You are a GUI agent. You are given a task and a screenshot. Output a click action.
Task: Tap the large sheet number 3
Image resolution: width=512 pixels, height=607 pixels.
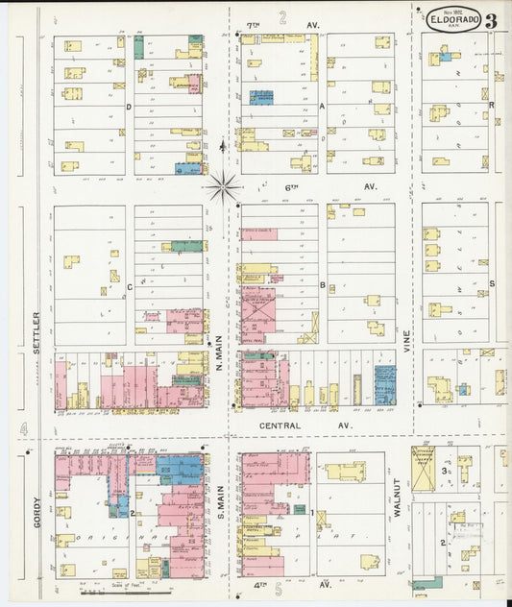pos(491,20)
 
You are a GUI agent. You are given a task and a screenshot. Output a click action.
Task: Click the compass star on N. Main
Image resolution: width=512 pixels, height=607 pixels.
pos(223,183)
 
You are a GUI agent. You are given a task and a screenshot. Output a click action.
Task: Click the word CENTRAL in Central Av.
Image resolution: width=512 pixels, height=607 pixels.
pos(280,425)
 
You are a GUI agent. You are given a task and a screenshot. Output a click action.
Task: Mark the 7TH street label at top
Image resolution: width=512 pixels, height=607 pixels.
pos(254,24)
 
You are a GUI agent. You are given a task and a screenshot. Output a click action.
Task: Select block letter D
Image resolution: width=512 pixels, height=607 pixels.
pos(128,108)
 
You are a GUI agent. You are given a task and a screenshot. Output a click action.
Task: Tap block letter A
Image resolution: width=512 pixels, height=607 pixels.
pos(322,108)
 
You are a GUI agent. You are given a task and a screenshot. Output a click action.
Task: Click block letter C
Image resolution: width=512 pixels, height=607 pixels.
pos(128,285)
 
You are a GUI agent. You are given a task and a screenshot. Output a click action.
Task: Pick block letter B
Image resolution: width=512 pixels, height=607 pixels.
pos(322,284)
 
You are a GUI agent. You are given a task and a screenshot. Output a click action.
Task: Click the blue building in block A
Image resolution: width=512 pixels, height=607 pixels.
pos(261,97)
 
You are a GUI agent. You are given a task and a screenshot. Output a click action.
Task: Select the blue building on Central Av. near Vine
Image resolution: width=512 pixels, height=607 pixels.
pos(384,384)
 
